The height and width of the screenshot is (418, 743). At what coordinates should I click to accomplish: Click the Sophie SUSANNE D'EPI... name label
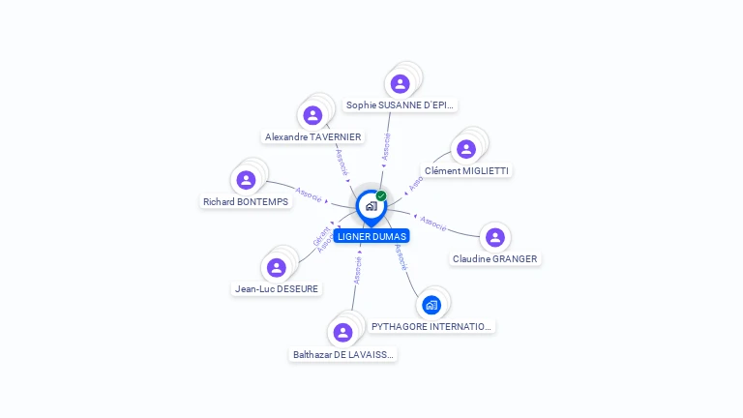click(x=401, y=104)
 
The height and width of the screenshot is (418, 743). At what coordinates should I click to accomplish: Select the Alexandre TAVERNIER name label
click(x=312, y=137)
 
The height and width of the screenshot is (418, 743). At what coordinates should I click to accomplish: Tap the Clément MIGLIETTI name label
click(x=467, y=171)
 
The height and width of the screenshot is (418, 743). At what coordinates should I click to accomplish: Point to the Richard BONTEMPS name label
click(x=246, y=201)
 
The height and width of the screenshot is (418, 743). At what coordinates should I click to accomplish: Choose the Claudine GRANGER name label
click(x=495, y=258)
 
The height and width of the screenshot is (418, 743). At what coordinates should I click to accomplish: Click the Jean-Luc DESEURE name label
click(x=277, y=288)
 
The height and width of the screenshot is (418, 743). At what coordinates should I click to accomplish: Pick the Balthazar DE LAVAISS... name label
click(x=343, y=355)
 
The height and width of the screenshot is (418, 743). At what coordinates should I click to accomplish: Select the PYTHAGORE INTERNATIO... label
click(x=432, y=327)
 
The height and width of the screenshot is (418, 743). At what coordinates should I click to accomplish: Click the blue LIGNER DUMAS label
click(x=371, y=236)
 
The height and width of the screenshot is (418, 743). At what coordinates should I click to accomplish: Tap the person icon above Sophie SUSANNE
click(x=400, y=84)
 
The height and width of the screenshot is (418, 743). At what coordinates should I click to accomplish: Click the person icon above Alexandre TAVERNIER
click(x=312, y=116)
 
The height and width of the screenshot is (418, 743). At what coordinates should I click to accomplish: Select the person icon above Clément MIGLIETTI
click(x=466, y=149)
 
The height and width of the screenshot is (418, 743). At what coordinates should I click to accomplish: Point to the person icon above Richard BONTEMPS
click(x=246, y=180)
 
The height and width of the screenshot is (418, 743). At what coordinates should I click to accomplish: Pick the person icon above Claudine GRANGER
click(x=495, y=237)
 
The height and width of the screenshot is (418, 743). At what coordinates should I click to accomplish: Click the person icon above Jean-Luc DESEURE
click(x=277, y=267)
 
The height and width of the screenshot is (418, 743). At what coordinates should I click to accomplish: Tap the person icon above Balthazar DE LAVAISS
click(x=342, y=333)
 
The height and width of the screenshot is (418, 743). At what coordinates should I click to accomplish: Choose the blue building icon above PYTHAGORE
click(x=431, y=305)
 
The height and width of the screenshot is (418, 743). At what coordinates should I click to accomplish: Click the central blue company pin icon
click(x=370, y=206)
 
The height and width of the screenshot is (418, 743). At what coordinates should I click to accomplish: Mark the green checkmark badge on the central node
click(x=381, y=195)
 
